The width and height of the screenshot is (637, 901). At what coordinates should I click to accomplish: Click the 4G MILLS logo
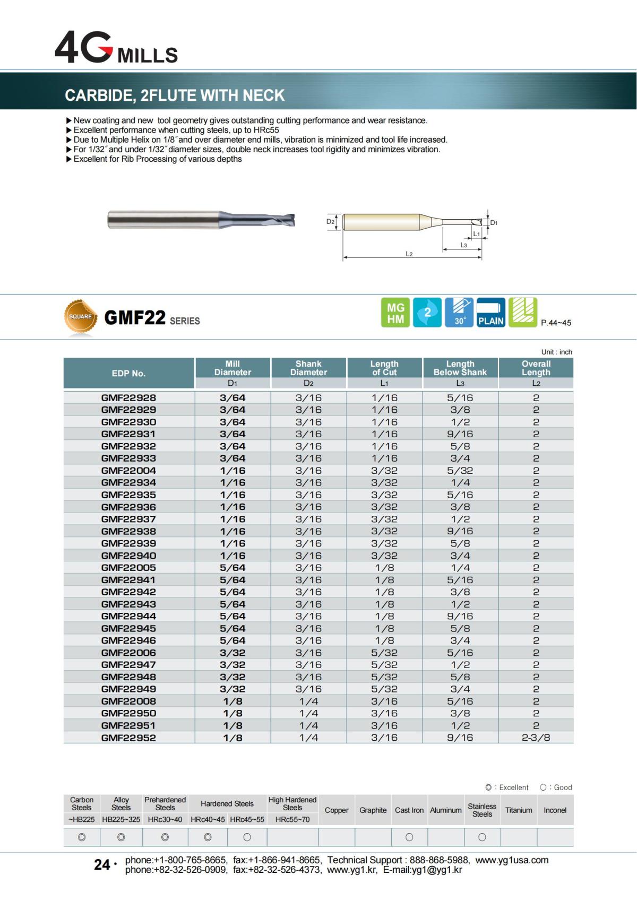tap(116, 48)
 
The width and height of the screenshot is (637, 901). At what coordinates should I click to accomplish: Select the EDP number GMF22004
tap(128, 471)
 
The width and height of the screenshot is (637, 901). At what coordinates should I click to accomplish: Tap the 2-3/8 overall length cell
tap(536, 738)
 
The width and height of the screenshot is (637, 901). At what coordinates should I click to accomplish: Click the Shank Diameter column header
tap(308, 368)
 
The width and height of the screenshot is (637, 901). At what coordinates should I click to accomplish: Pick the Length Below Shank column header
tap(460, 368)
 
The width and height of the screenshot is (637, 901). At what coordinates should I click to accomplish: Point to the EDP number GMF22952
tap(128, 738)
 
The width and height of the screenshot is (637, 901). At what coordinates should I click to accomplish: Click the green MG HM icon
tap(395, 313)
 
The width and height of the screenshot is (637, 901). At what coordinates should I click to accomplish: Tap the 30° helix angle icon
tap(459, 313)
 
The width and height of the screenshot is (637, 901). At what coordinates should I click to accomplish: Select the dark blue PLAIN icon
tap(491, 313)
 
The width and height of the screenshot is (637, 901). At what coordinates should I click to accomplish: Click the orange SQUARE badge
tap(81, 317)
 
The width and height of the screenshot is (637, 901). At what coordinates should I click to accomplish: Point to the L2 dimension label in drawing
tap(409, 254)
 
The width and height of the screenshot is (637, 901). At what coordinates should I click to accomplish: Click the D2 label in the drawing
tap(330, 222)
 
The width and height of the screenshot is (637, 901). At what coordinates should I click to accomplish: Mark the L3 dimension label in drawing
tap(463, 245)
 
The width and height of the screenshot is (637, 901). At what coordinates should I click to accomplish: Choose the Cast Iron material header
tap(409, 810)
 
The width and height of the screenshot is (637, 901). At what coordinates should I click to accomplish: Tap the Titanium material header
tap(519, 810)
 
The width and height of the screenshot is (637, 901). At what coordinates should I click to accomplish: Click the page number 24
tap(102, 865)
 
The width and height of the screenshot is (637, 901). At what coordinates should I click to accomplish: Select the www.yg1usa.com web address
tap(512, 860)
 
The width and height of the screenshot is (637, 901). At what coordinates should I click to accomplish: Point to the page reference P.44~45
tap(556, 323)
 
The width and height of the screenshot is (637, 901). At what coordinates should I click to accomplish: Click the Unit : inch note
tap(556, 352)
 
